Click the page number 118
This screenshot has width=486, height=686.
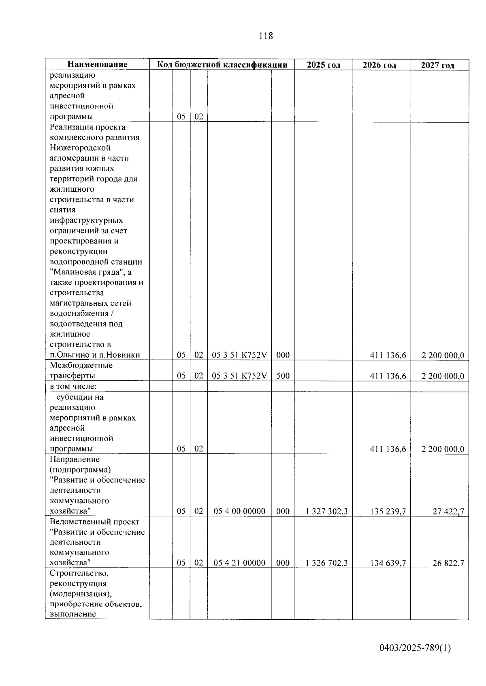266,36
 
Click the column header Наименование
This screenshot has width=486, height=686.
97,64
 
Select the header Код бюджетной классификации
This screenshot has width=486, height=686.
222,65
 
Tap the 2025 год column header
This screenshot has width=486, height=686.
323,65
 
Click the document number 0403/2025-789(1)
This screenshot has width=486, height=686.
415,649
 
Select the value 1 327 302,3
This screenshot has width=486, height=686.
327,512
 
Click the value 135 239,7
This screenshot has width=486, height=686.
388,512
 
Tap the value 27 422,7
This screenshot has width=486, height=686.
448,512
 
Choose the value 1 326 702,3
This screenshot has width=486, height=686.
327,563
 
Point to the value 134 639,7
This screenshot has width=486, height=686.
388,563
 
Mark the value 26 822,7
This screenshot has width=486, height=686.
448,563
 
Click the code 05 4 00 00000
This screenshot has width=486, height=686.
239,512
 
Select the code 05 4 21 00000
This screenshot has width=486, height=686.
239,563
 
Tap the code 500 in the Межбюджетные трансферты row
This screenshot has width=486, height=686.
283,376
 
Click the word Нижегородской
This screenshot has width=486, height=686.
80,148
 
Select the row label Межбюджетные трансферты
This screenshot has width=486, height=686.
81,371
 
